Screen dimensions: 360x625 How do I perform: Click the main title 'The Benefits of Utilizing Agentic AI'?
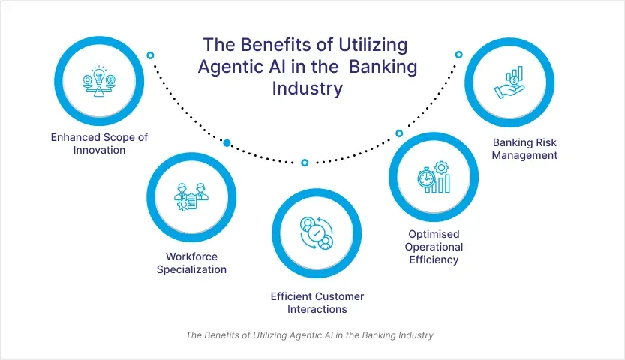pyautogui.click(x=307, y=65)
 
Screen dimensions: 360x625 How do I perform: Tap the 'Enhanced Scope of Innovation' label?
pyautogui.click(x=88, y=143)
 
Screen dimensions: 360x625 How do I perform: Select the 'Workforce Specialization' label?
pyautogui.click(x=191, y=262)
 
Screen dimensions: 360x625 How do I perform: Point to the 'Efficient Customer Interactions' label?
pyautogui.click(x=317, y=302)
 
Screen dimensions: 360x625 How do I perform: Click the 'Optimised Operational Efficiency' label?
pyautogui.click(x=434, y=247)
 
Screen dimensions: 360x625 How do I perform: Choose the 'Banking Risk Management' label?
pyautogui.click(x=525, y=148)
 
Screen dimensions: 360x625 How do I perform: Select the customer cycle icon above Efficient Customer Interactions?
pyautogui.click(x=316, y=233)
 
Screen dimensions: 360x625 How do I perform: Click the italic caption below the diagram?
pyautogui.click(x=309, y=335)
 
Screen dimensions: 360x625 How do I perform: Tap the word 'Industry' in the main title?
pyautogui.click(x=306, y=88)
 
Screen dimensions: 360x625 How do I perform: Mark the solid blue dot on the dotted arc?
pyautogui.click(x=227, y=142)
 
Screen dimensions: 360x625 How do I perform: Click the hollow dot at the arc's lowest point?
pyautogui.click(x=305, y=163)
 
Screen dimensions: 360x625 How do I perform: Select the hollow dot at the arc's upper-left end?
pyautogui.click(x=150, y=55)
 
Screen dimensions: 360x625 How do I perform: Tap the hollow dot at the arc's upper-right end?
pyautogui.click(x=459, y=55)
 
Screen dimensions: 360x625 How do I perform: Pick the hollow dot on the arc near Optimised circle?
pyautogui.click(x=399, y=133)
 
